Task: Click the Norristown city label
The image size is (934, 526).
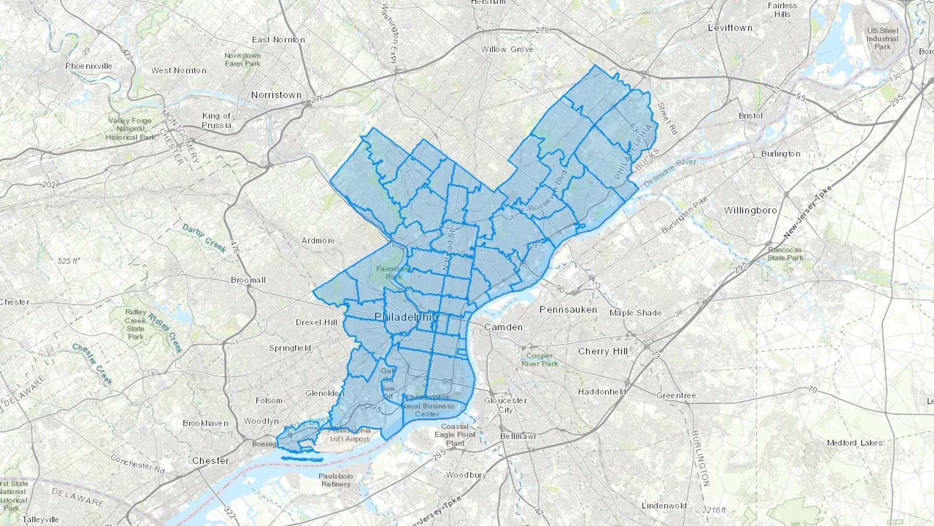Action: (276, 95)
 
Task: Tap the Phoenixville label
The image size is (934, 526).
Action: (89, 66)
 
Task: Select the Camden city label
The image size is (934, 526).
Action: (503, 327)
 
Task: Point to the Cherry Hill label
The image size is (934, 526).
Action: (603, 351)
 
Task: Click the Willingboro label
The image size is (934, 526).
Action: (750, 210)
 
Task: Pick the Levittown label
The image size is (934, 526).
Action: (730, 28)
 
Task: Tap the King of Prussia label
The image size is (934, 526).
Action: (217, 120)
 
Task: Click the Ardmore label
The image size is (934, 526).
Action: (318, 240)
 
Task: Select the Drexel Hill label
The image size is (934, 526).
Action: (317, 322)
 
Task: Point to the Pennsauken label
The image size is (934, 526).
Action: (568, 309)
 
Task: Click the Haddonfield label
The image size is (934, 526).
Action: (602, 392)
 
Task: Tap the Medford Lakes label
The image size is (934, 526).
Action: (855, 442)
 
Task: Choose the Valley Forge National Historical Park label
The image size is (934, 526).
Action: (130, 129)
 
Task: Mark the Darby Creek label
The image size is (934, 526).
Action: (204, 238)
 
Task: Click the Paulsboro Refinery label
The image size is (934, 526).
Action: (336, 480)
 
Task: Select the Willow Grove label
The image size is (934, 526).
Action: (507, 49)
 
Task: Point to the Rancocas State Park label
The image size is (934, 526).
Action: (786, 253)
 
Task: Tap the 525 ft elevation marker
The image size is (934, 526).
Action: (68, 261)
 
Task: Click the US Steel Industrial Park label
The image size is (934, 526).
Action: (882, 38)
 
